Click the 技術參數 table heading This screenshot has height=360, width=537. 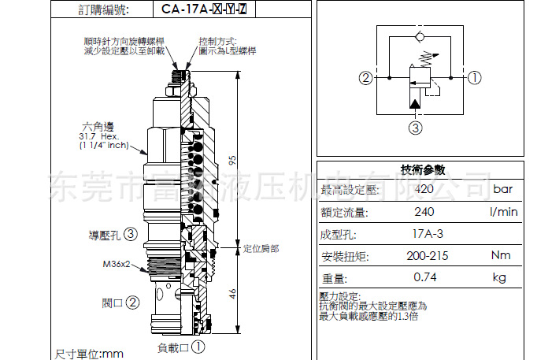423,169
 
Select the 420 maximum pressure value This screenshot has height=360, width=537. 424,189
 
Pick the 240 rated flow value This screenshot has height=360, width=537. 424,211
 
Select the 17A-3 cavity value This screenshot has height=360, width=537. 428,233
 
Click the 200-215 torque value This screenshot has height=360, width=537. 427,255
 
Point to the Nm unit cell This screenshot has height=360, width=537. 501,255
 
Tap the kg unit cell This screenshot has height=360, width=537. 499,277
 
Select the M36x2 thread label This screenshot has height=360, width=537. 116,265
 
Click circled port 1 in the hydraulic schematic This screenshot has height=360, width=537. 474,78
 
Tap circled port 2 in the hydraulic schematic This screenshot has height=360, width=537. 365,78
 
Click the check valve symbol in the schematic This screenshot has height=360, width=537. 418,37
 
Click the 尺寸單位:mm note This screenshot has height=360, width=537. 89,354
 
